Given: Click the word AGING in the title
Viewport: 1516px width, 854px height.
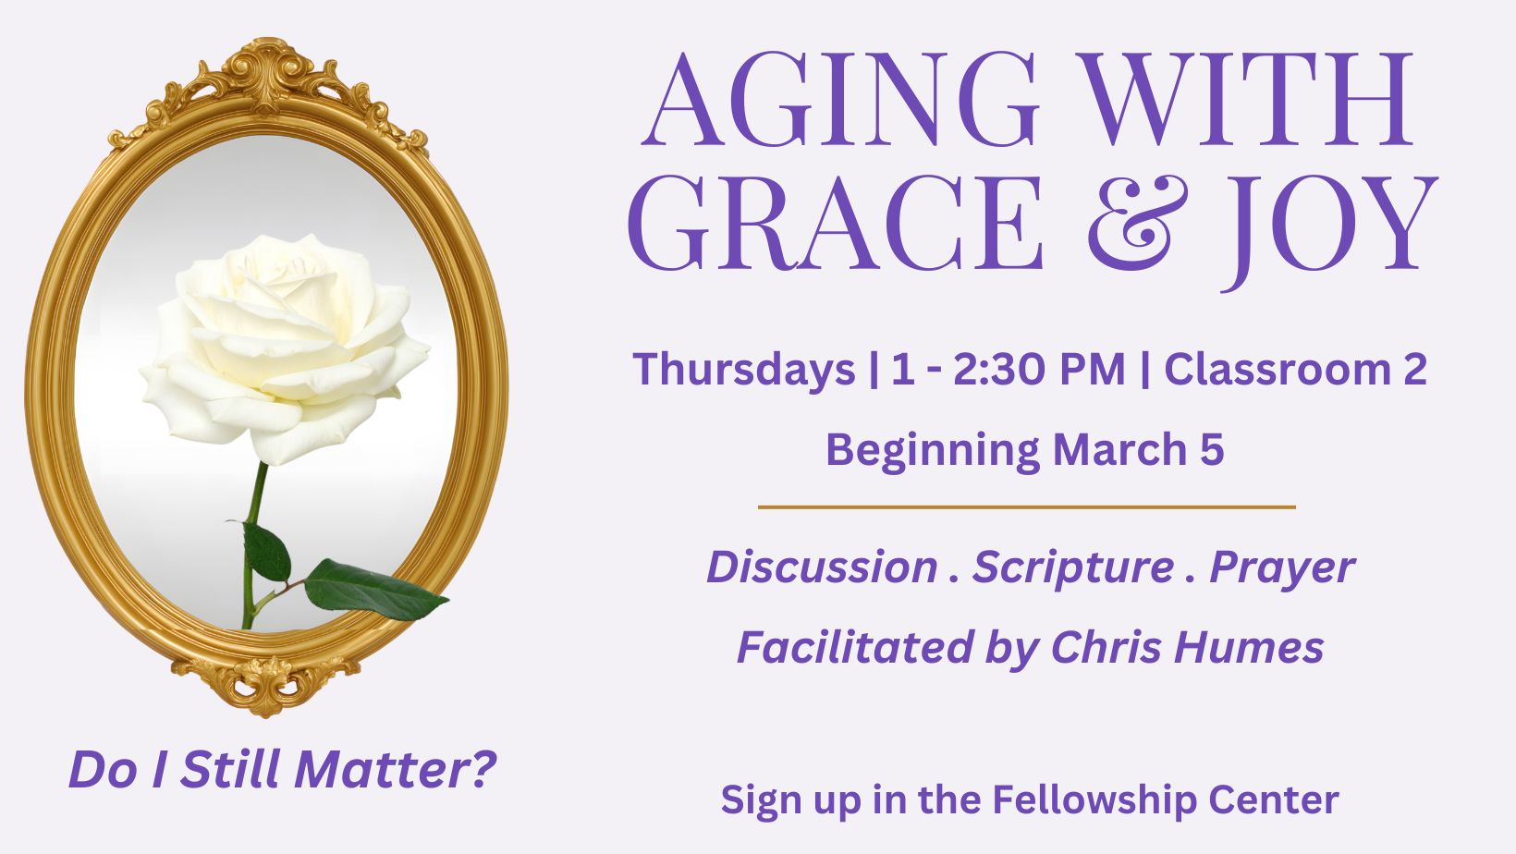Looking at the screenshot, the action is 839,99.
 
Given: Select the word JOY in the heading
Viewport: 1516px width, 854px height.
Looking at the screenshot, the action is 1330,230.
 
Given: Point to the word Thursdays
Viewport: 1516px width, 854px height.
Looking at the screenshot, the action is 744,369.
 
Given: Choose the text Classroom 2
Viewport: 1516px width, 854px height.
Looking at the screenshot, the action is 1295,370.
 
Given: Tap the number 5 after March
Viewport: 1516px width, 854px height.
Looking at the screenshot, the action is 1212,449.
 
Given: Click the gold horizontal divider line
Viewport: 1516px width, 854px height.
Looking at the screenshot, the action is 1027,506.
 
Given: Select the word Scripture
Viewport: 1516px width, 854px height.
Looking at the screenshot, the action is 1073,567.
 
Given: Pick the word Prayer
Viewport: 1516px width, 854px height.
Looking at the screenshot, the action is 1282,567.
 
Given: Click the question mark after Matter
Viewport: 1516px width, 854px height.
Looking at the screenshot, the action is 483,769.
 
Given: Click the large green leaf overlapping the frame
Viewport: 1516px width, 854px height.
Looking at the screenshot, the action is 374,590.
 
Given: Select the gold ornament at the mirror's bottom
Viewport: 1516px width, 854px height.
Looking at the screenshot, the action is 265,684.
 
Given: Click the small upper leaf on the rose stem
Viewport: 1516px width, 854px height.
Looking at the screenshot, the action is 265,551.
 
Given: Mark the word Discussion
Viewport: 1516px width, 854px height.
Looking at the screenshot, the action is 823,567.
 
